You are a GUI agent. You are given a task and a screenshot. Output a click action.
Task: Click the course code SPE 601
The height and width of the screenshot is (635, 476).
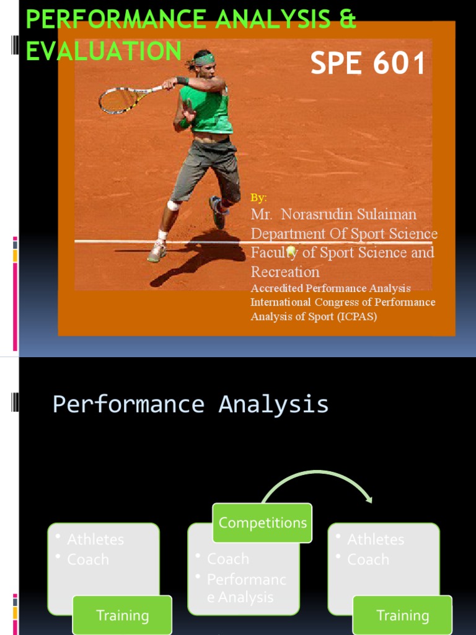368,64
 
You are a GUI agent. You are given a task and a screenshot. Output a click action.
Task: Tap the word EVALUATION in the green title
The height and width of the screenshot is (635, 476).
104,51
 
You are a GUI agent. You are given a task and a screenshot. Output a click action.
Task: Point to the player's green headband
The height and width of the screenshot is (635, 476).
204,60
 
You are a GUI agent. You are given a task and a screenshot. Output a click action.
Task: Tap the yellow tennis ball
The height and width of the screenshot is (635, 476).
290,251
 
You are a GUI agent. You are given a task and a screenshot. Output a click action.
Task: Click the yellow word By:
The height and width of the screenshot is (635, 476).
258,198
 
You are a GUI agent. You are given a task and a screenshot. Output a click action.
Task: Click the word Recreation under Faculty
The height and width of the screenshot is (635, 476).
285,272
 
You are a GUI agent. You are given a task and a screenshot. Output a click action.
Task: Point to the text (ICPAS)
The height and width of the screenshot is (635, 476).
357,316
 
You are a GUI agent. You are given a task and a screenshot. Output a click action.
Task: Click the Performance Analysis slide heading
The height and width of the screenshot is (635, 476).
190,404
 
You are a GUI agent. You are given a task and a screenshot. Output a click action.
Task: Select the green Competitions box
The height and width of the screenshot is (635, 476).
262,523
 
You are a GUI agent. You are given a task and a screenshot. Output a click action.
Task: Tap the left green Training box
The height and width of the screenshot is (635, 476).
122,615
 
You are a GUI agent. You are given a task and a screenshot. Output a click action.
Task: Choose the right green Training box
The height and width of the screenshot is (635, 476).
402,615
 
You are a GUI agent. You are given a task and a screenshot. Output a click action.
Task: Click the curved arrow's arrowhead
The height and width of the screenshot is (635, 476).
368,498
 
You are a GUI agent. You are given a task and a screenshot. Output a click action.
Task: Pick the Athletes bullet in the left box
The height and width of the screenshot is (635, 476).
95,540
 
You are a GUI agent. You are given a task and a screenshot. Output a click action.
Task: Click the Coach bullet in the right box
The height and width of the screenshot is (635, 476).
368,559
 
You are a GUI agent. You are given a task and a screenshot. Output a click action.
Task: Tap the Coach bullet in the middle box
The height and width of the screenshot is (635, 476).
228,559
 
